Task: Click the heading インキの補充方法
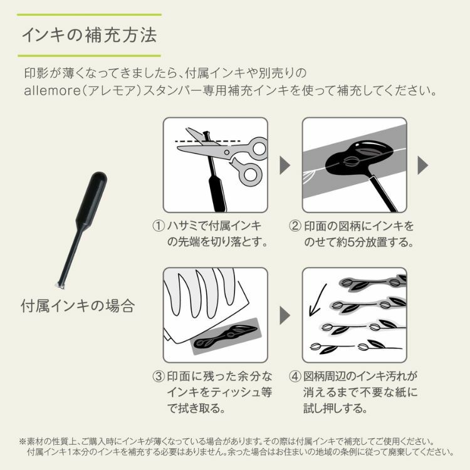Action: [90, 35]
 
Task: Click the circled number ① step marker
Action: [159, 226]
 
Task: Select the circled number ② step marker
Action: [295, 226]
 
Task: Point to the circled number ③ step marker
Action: [159, 376]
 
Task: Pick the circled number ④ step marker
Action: [295, 376]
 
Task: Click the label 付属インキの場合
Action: [78, 306]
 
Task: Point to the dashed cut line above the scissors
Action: [207, 141]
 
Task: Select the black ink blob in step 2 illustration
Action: [358, 159]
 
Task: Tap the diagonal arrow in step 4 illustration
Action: [318, 300]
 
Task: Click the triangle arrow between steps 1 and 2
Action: [285, 165]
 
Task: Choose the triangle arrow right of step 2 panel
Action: [422, 165]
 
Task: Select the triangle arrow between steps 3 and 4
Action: [285, 315]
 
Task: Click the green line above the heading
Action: [90, 14]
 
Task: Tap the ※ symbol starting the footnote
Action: [23, 442]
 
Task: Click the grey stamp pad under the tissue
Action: [227, 337]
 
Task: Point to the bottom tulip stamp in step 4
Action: [355, 348]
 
